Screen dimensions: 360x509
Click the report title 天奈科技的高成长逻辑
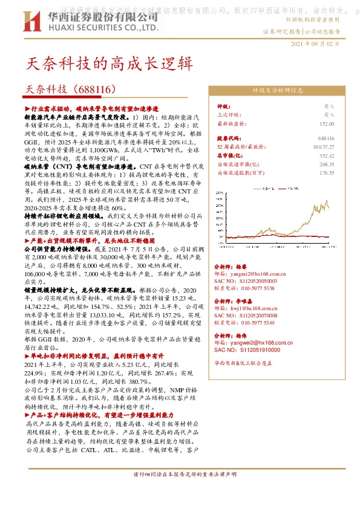click(110, 63)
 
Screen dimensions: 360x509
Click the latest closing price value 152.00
click(327, 123)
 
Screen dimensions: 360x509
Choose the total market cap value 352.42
click(327, 155)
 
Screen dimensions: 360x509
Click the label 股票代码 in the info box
click(228, 138)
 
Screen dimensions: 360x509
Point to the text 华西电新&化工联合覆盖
click(243, 363)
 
